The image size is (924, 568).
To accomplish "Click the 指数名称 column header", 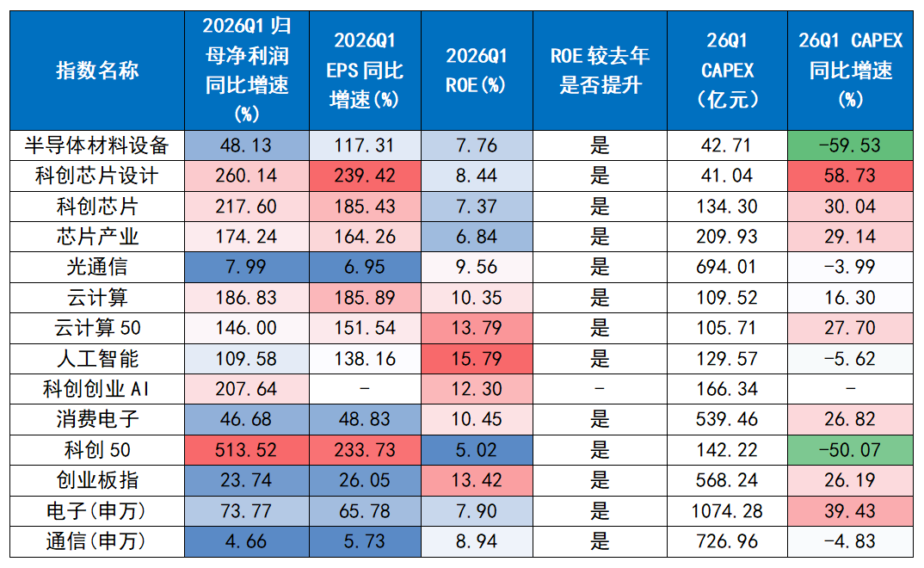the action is pos(97,70).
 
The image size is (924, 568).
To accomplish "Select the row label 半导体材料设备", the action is pos(97,145).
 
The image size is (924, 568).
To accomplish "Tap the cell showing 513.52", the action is pos(246,450).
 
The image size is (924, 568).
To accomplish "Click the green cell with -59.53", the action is pos(850,145).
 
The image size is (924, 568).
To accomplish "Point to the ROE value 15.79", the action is pos(477,359).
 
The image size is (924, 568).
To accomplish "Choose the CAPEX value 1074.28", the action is pos(727,511).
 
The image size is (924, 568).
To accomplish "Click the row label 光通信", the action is pos(97,267).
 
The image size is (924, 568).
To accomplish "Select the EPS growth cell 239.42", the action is pos(365,176).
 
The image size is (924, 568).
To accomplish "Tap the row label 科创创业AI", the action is pos(97,389).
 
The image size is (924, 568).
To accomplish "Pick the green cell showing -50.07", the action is pos(850,450).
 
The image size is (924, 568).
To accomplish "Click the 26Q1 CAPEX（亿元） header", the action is pos(727,70).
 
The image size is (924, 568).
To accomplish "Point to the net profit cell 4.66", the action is pos(246,541).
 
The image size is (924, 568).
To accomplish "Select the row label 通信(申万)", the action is pos(97,541).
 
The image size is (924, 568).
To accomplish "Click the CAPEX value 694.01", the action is pos(727,267).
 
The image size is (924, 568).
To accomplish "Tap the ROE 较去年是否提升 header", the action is pos(600,70).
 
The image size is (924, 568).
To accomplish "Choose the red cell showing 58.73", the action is pos(850,176).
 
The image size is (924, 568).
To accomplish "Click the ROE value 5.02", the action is pos(477,450).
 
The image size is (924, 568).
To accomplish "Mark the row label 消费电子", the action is pos(97,419).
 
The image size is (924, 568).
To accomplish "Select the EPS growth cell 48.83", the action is pos(365,419).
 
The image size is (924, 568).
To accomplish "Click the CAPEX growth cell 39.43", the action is pos(850,511).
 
